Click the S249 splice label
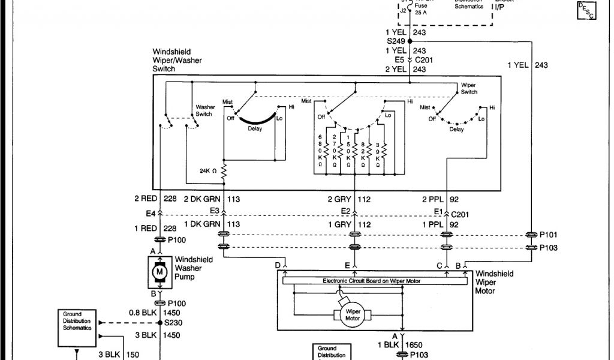point(396,41)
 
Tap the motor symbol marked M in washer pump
point(159,272)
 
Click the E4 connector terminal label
point(150,212)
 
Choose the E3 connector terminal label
point(214,209)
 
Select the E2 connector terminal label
point(345,210)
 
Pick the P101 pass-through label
point(549,235)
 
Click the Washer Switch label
point(204,111)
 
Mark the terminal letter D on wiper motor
point(278,265)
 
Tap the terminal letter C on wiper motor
point(439,265)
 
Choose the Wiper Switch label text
point(469,88)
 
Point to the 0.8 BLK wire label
point(141,313)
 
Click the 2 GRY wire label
point(339,199)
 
